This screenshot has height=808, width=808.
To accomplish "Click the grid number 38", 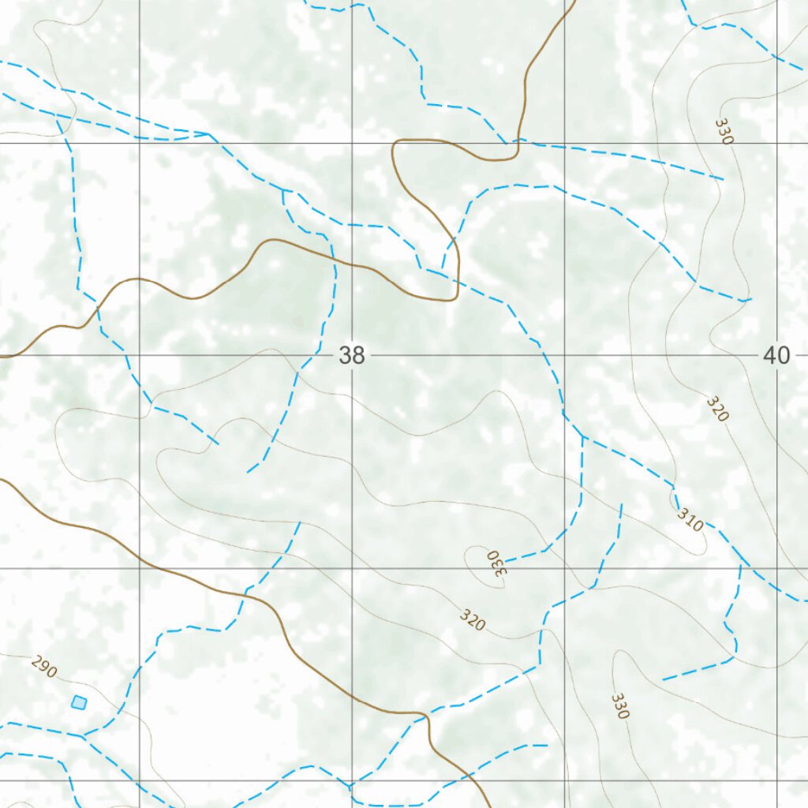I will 352,356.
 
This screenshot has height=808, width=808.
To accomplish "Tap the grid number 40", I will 776,356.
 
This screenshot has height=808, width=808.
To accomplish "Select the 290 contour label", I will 44,667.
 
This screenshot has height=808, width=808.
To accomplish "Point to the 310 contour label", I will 690,519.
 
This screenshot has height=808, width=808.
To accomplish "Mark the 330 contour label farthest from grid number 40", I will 620,705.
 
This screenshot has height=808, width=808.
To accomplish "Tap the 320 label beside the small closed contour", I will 472,620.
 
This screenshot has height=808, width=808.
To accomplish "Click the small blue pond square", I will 78,701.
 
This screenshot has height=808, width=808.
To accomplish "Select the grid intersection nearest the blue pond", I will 140,781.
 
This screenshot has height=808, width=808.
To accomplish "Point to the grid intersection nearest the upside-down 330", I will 565,568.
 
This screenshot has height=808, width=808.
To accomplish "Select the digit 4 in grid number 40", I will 770,356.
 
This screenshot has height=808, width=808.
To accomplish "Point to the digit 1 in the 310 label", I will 690,520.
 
